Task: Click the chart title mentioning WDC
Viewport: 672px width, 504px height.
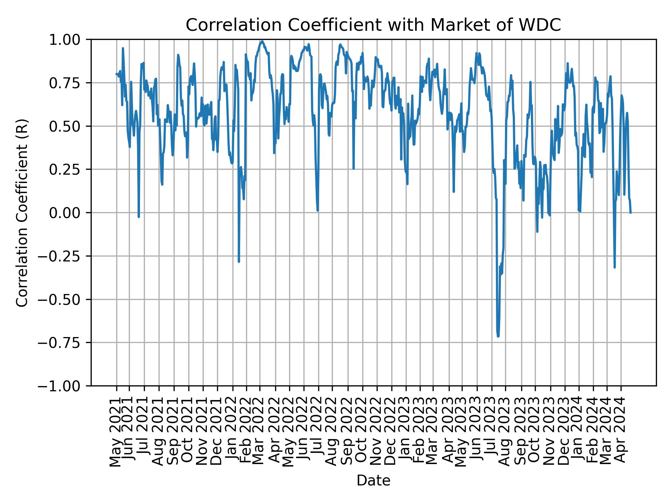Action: (373, 25)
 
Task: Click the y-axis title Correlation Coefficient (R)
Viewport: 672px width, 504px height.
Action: (22, 212)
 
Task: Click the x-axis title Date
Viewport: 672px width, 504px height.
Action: (373, 481)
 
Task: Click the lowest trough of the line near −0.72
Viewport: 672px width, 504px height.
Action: (498, 336)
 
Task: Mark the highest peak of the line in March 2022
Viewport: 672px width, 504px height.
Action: (262, 41)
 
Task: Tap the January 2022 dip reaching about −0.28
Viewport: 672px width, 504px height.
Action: (239, 261)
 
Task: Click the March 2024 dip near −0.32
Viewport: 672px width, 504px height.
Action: (615, 267)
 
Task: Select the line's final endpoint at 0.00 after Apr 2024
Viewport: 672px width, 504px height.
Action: (630, 212)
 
